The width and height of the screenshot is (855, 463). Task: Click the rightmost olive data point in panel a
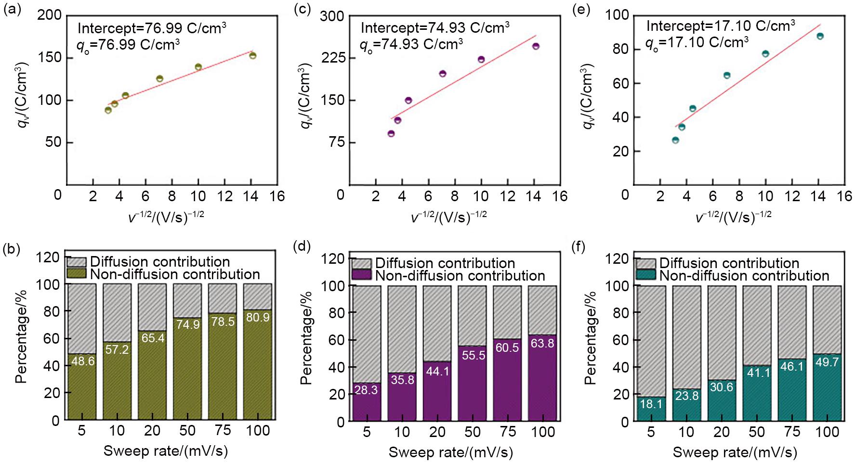pos(252,55)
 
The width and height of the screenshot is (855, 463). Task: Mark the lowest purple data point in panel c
pos(391,133)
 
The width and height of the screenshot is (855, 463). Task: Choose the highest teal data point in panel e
pos(820,36)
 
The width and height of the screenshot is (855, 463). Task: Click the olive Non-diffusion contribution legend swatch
pos(76,274)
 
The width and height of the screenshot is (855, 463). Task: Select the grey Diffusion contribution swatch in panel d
pos(361,263)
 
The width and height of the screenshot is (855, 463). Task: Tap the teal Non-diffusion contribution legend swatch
pos(645,276)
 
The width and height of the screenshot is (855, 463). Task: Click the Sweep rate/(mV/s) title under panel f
pos(735,452)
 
